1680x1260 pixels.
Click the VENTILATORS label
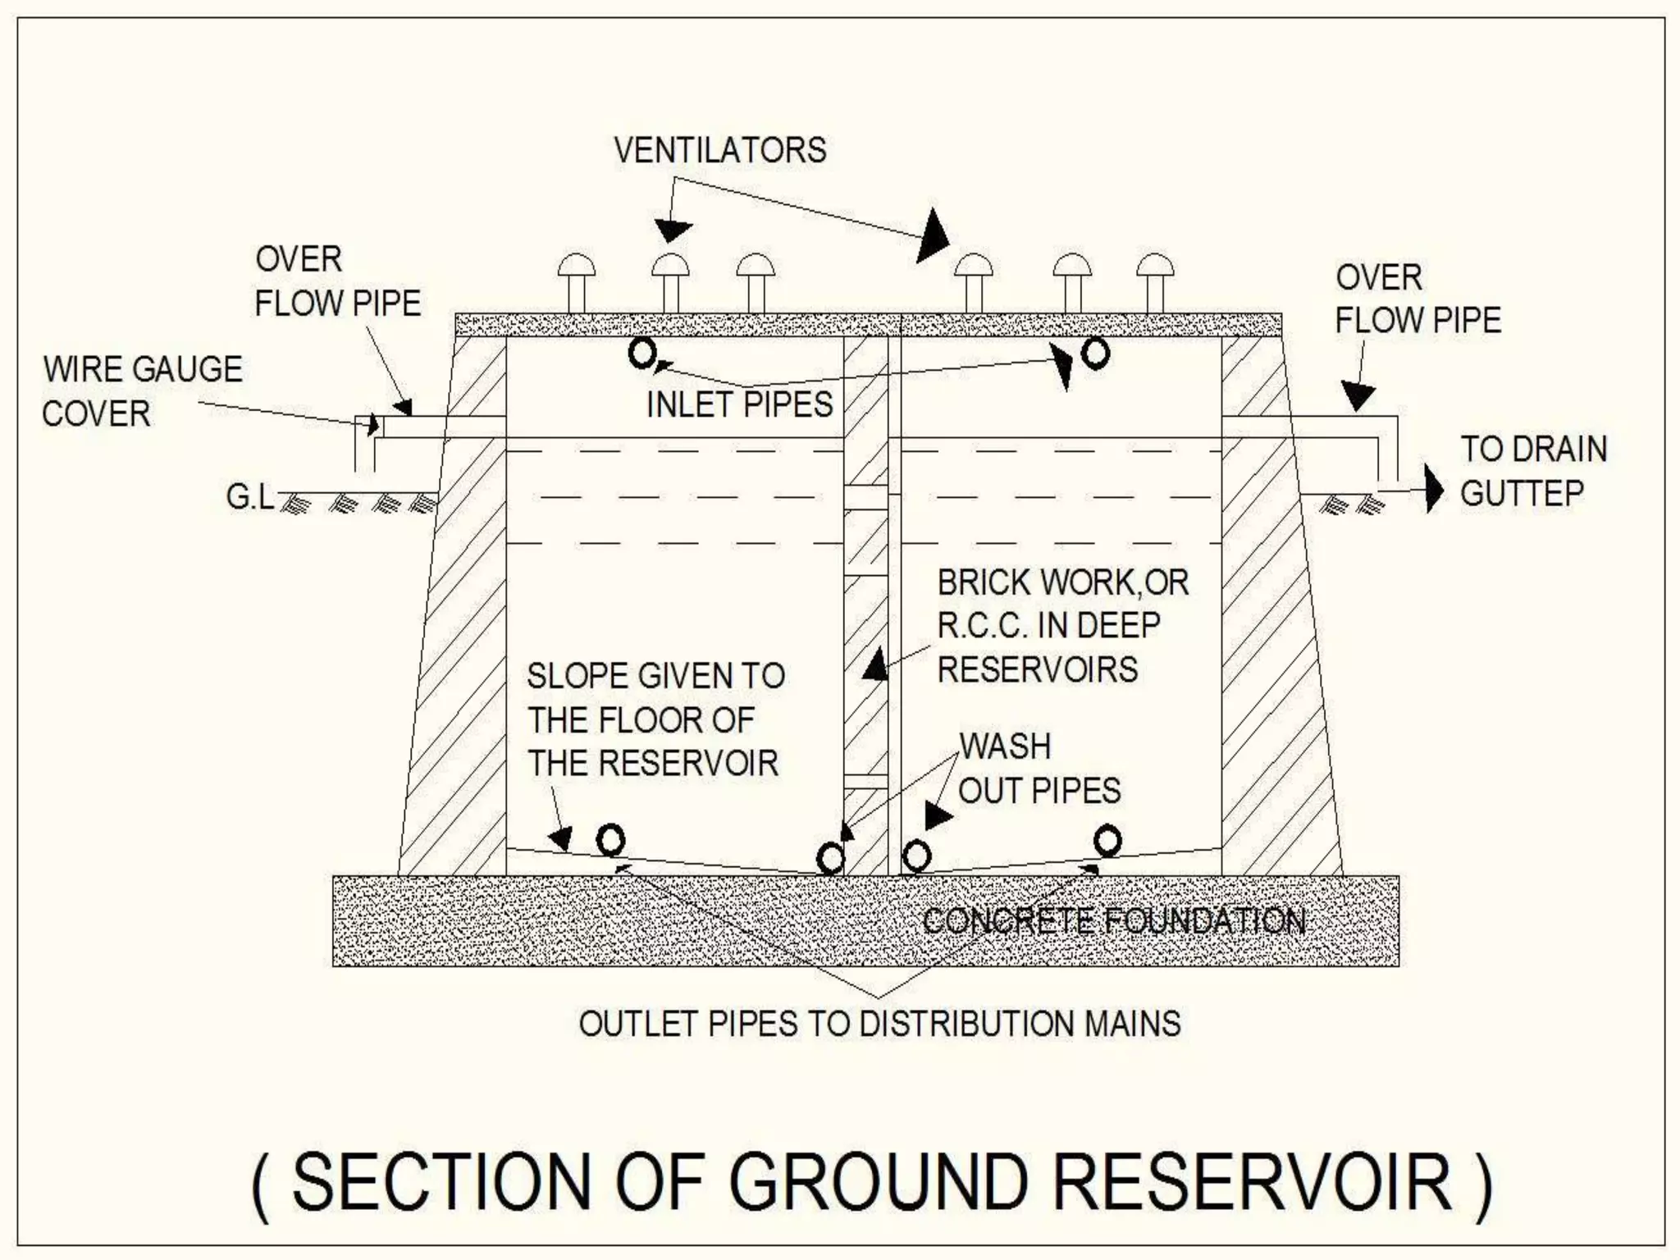(720, 150)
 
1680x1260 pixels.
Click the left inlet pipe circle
(642, 354)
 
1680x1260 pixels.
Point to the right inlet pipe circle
(1095, 354)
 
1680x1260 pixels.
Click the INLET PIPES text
(739, 404)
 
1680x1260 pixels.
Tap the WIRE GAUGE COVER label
(142, 391)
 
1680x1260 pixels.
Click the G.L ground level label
(250, 497)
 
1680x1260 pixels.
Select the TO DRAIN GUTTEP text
(1532, 472)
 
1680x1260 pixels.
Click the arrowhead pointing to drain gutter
(1434, 490)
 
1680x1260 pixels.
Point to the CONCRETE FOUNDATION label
(1113, 921)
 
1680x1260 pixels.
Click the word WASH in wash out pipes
(1005, 746)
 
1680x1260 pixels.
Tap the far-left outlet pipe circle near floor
(610, 840)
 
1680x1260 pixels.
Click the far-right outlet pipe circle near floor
(1107, 841)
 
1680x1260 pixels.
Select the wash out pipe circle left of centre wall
(831, 859)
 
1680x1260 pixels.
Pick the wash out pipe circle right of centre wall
(916, 856)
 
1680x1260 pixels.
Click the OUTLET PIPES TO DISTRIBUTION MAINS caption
(879, 1024)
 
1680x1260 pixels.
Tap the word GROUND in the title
(878, 1182)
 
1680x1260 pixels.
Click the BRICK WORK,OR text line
(1062, 582)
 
